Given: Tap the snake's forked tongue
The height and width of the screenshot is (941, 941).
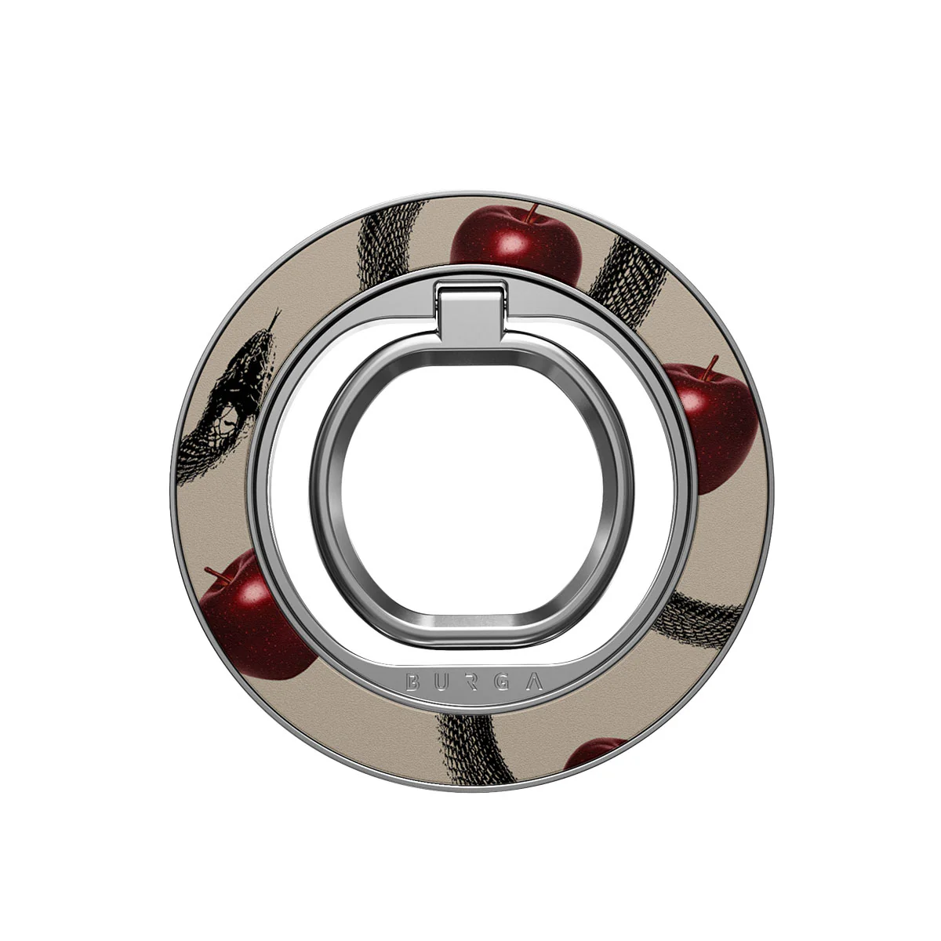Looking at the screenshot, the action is (274, 318).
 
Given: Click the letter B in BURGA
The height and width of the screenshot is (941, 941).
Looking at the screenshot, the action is (412, 682).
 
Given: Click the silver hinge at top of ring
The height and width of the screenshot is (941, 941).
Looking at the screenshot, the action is (470, 308).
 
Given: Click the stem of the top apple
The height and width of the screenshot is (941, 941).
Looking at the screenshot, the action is (532, 213).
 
